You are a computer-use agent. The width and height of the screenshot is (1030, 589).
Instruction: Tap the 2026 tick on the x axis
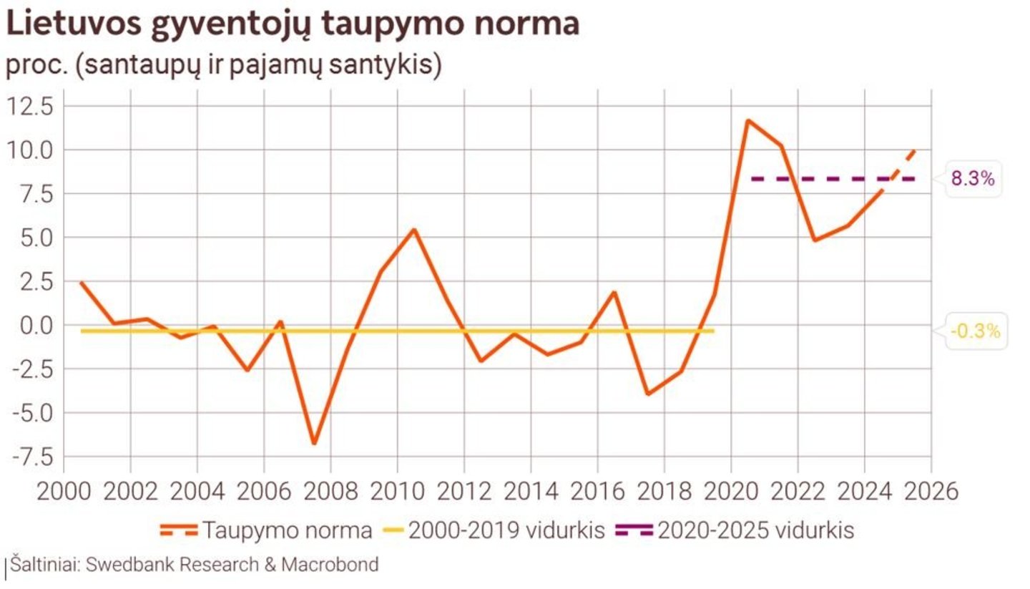coord(930,492)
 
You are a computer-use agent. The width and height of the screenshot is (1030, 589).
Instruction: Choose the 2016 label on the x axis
coord(597,492)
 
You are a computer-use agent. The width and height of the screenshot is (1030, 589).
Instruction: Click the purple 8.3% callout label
coord(972,179)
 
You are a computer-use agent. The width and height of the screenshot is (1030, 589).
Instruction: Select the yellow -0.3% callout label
coord(975,331)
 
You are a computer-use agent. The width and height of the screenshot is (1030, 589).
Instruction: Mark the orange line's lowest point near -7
coord(313,444)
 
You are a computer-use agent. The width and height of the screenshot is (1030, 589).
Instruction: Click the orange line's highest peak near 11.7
coord(747,120)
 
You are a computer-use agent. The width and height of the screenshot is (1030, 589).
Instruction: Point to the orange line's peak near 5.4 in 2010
coord(414,230)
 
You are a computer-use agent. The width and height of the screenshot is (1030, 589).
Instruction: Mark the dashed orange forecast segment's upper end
coord(915,150)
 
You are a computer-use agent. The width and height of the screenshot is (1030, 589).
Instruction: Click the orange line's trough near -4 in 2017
coord(647,394)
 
